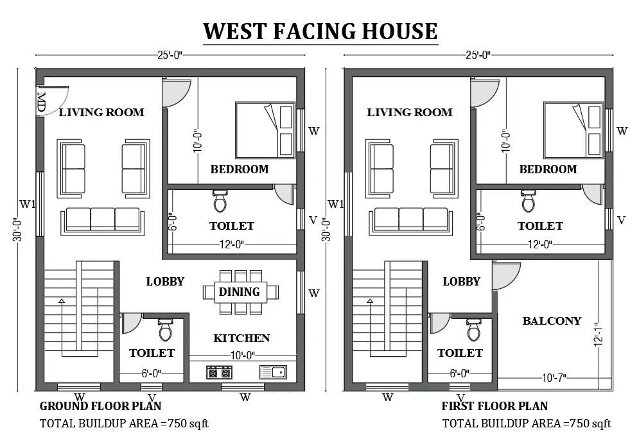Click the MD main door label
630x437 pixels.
tap(41, 102)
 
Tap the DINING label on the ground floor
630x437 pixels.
tap(239, 291)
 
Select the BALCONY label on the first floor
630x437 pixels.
tap(552, 320)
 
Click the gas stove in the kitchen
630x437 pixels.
tap(220, 372)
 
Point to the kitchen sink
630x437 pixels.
tap(273, 372)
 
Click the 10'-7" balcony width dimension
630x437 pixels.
tap(554, 377)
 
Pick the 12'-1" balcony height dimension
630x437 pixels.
tap(599, 334)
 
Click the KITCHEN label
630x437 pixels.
tap(241, 338)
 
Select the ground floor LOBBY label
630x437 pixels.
tap(165, 281)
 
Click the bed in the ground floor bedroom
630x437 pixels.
tap(265, 130)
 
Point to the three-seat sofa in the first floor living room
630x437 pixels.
tap(410, 221)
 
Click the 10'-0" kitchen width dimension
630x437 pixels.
tap(242, 356)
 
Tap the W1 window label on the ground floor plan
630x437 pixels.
tap(28, 204)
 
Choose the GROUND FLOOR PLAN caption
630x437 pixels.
tap(100, 406)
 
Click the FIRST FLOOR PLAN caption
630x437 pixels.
tap(494, 406)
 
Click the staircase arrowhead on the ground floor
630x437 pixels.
tap(62, 301)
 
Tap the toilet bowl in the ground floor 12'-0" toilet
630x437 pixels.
tap(220, 201)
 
